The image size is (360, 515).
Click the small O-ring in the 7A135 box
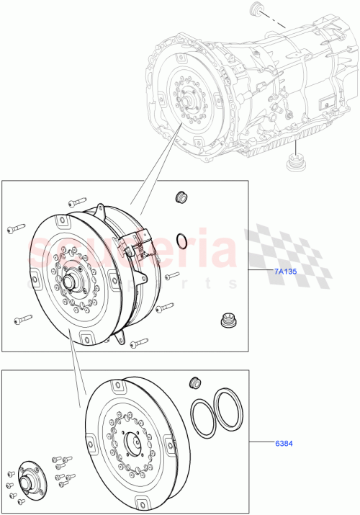183,240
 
